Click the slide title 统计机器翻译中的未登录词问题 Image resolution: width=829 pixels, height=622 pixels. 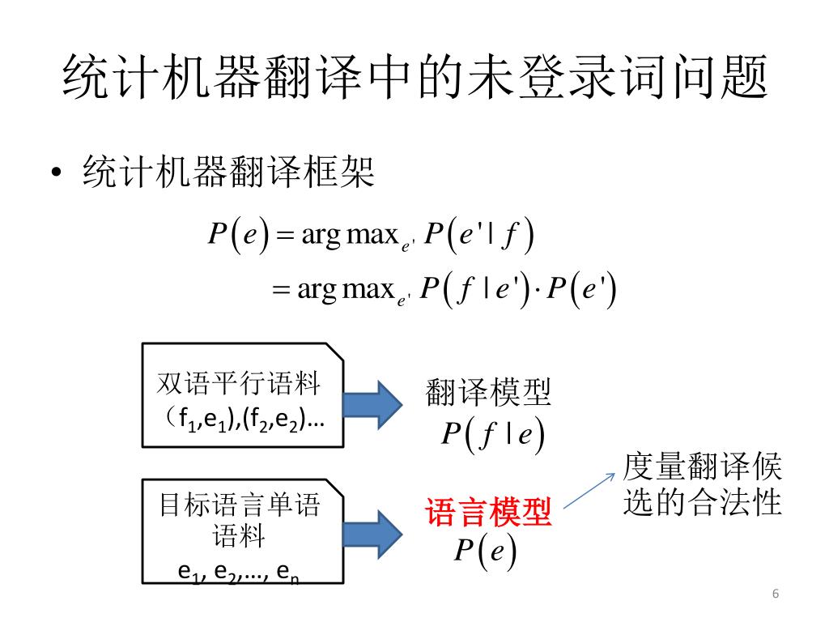click(414, 78)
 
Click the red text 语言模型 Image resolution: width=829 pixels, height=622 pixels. click(488, 513)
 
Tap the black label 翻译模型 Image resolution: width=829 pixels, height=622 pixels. click(488, 394)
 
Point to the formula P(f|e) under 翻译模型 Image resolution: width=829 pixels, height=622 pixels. click(491, 435)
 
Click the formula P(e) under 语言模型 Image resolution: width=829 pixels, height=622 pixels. click(485, 552)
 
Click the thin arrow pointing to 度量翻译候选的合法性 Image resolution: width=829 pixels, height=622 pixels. click(589, 490)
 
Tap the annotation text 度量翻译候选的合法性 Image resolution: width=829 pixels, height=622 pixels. click(702, 485)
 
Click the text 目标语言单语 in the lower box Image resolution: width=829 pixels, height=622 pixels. click(240, 507)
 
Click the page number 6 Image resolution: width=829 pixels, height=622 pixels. click(775, 594)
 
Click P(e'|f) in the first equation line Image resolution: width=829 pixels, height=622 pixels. click(480, 236)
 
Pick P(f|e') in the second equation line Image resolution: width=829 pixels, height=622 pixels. click(478, 290)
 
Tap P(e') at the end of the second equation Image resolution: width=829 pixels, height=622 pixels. click(582, 290)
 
